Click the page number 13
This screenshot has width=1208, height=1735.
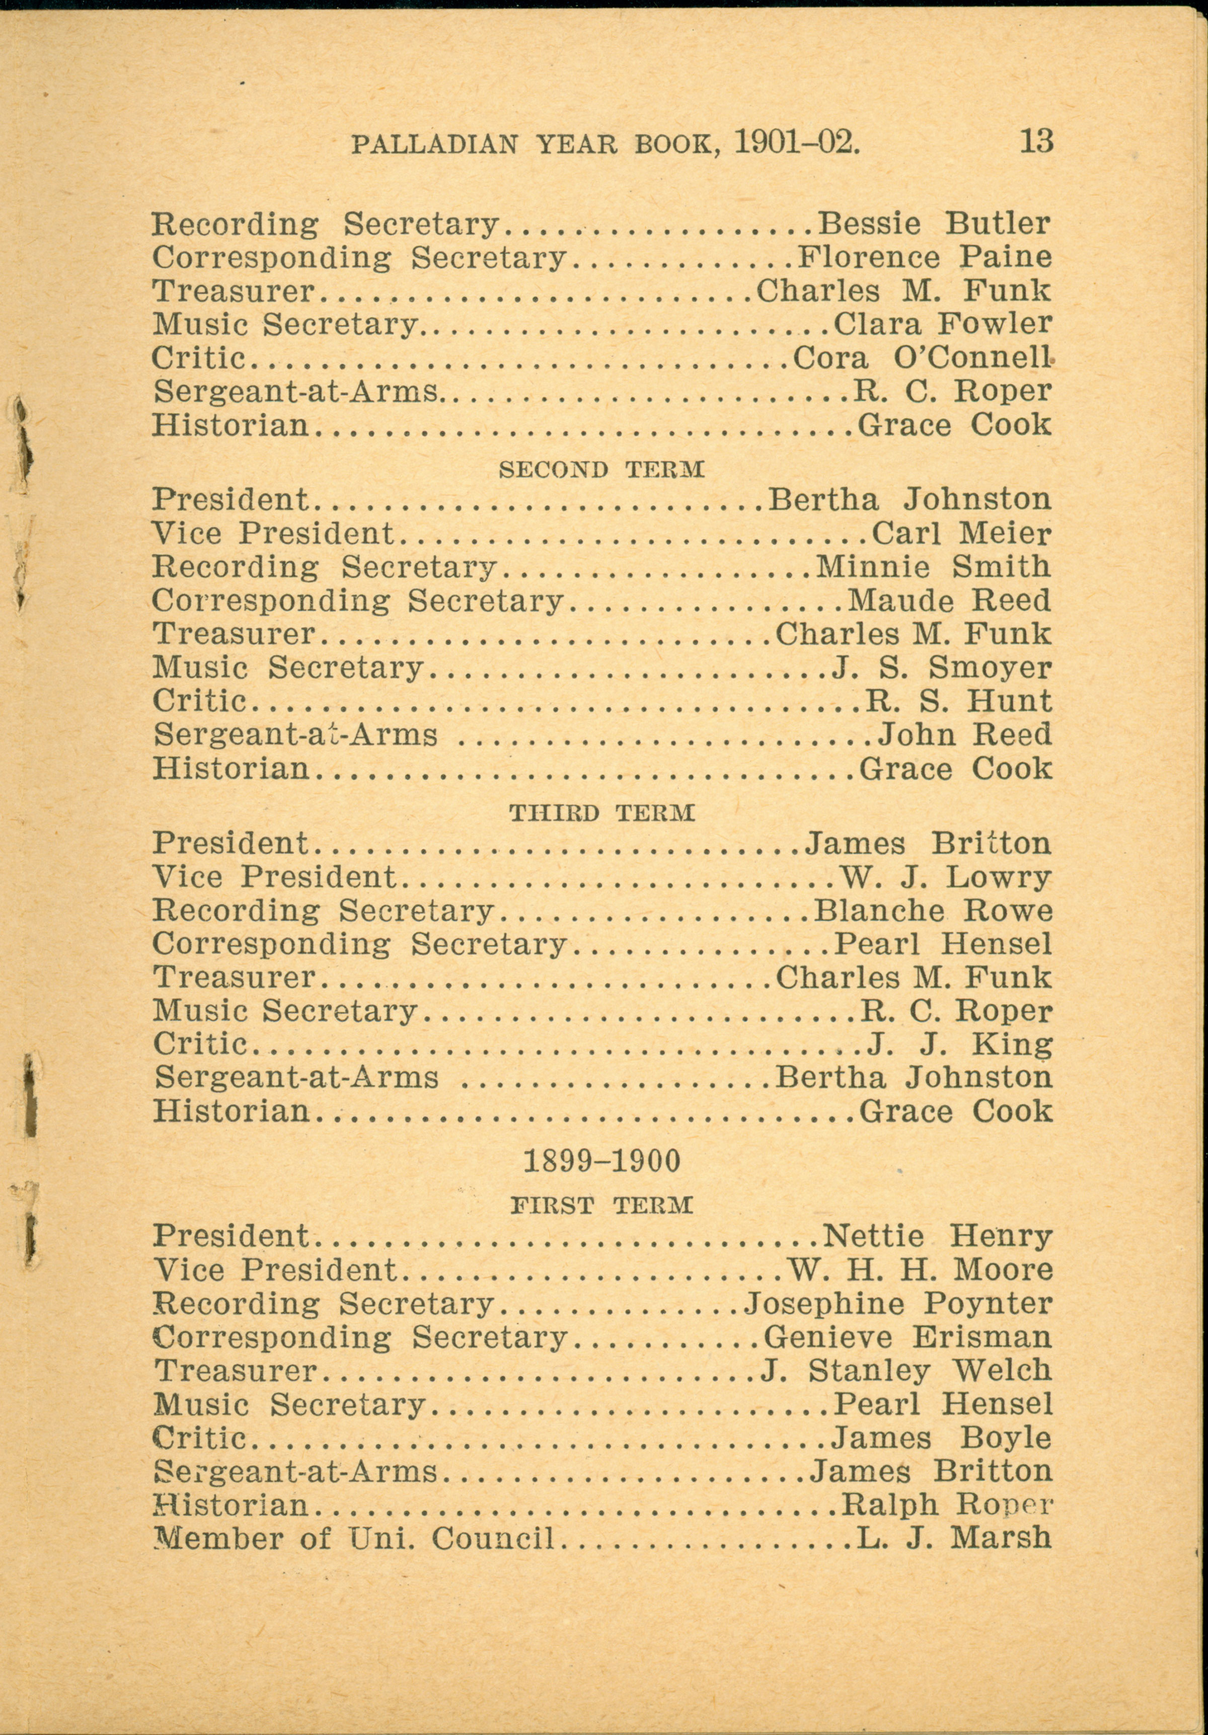pos(1036,141)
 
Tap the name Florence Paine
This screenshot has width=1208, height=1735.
pos(924,258)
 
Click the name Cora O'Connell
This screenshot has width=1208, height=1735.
pos(922,357)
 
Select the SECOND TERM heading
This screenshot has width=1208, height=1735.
pos(601,470)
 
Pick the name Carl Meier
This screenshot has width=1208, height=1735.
pos(961,534)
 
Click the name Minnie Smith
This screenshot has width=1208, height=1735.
pos(934,567)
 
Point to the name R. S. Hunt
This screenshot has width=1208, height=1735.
pos(958,701)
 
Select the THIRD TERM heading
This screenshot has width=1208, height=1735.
pos(601,814)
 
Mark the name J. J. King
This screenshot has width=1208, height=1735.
pos(959,1044)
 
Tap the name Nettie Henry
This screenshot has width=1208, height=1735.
pos(937,1236)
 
